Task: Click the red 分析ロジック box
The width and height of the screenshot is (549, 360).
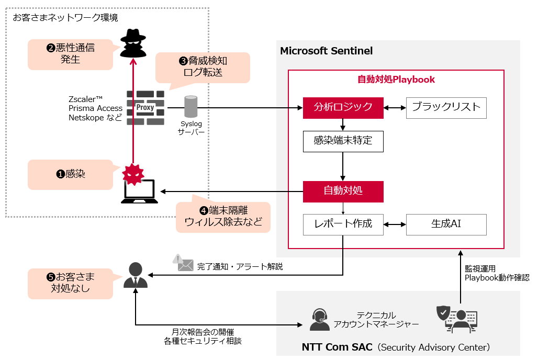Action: coord(343,108)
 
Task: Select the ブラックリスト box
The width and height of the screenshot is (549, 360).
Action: coord(446,108)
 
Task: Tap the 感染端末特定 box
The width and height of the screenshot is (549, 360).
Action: coord(343,141)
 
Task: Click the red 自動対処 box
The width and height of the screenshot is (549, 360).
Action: coord(343,192)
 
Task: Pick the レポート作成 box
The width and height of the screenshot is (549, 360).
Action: coord(343,224)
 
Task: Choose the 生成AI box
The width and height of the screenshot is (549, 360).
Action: coord(446,224)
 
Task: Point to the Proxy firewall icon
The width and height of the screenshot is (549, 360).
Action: coord(145,108)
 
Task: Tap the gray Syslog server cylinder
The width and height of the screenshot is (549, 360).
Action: coord(191,107)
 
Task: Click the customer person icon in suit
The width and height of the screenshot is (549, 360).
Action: coord(136,275)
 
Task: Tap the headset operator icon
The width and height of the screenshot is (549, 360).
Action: coord(319,319)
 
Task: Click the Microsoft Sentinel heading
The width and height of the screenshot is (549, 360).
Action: coord(326,51)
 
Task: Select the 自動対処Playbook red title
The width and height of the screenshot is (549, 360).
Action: coord(396,80)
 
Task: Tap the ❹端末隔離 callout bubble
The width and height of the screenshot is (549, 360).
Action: coord(223,217)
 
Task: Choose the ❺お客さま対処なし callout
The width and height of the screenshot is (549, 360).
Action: coord(70,283)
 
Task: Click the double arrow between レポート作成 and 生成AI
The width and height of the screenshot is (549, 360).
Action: coord(395,224)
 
